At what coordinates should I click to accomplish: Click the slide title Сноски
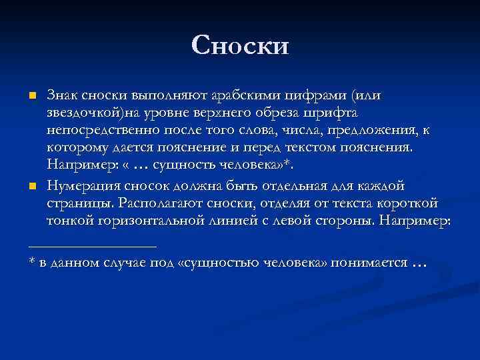pyautogui.click(x=240, y=45)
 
